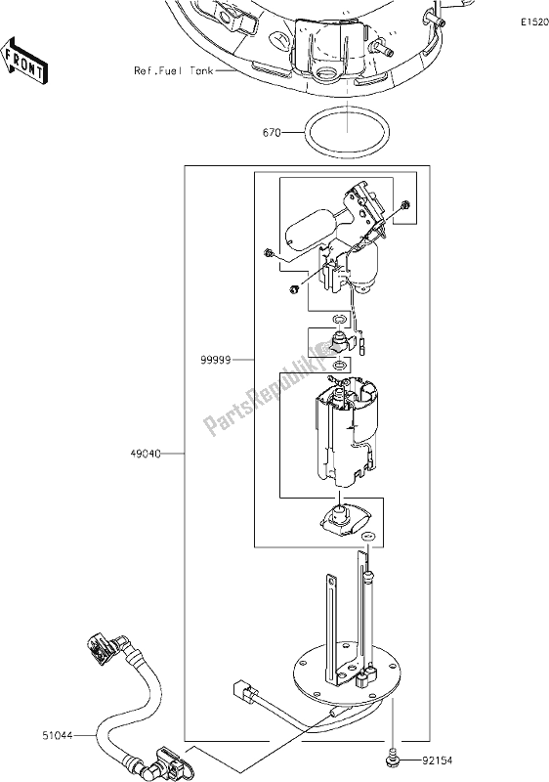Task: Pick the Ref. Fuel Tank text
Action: click(x=173, y=71)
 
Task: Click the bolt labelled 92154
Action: click(x=392, y=755)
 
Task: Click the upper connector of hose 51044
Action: click(x=104, y=649)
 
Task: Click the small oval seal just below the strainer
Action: click(x=368, y=538)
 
